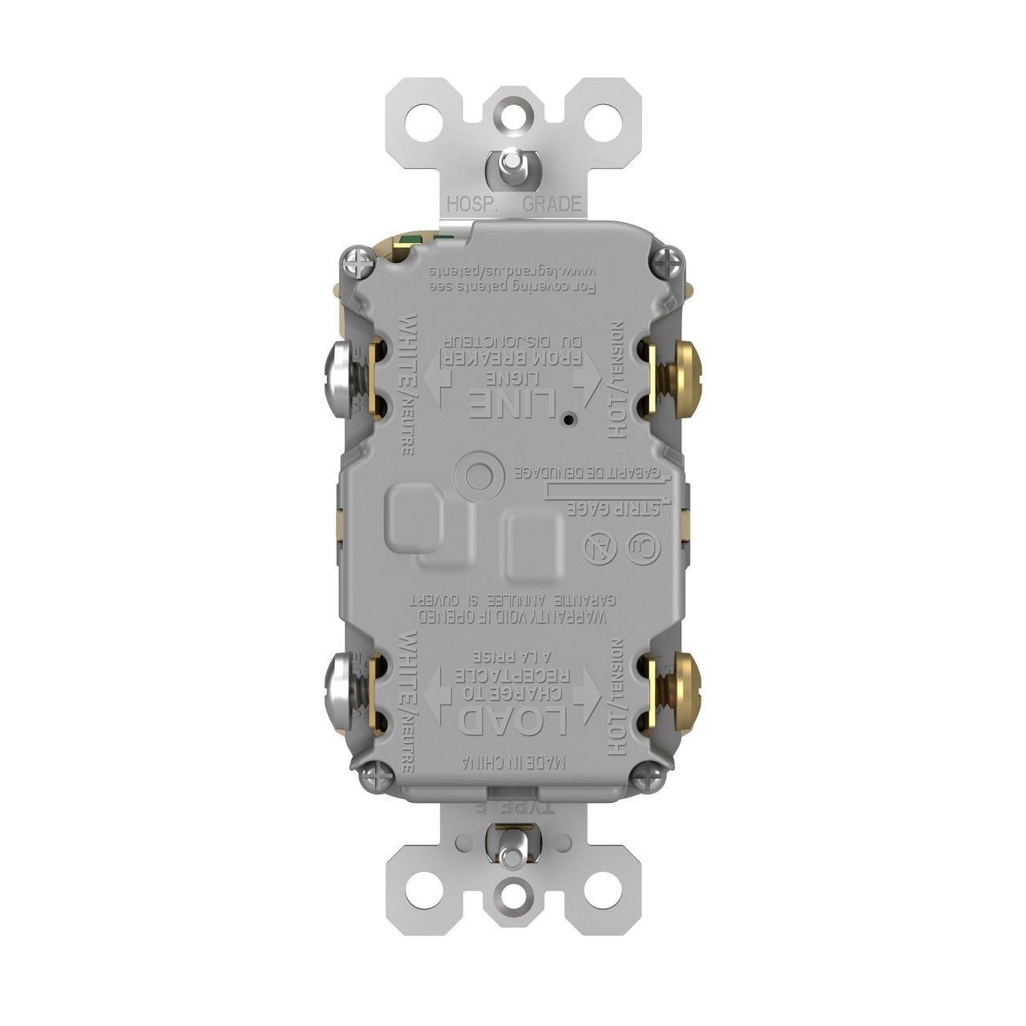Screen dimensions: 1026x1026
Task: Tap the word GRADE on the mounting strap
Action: [x=551, y=204]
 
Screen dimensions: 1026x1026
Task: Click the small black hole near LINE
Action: [x=568, y=419]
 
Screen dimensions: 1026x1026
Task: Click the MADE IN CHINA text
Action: [x=513, y=762]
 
